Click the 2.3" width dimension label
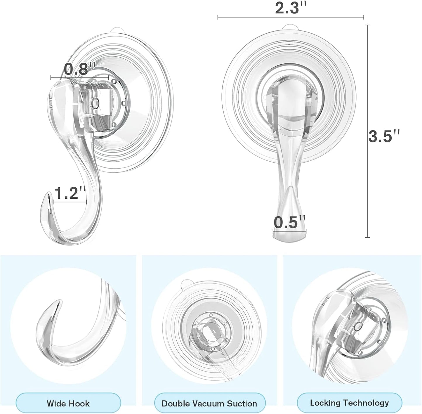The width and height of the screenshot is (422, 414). point(291,8)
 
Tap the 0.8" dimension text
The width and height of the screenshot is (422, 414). point(79,69)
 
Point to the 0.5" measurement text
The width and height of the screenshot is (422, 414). point(289,222)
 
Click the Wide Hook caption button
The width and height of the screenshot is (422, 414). point(68,403)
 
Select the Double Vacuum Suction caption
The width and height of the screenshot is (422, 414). point(209,403)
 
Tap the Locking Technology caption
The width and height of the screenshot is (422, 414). point(349,403)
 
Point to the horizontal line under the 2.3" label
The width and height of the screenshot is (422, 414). point(291,17)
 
